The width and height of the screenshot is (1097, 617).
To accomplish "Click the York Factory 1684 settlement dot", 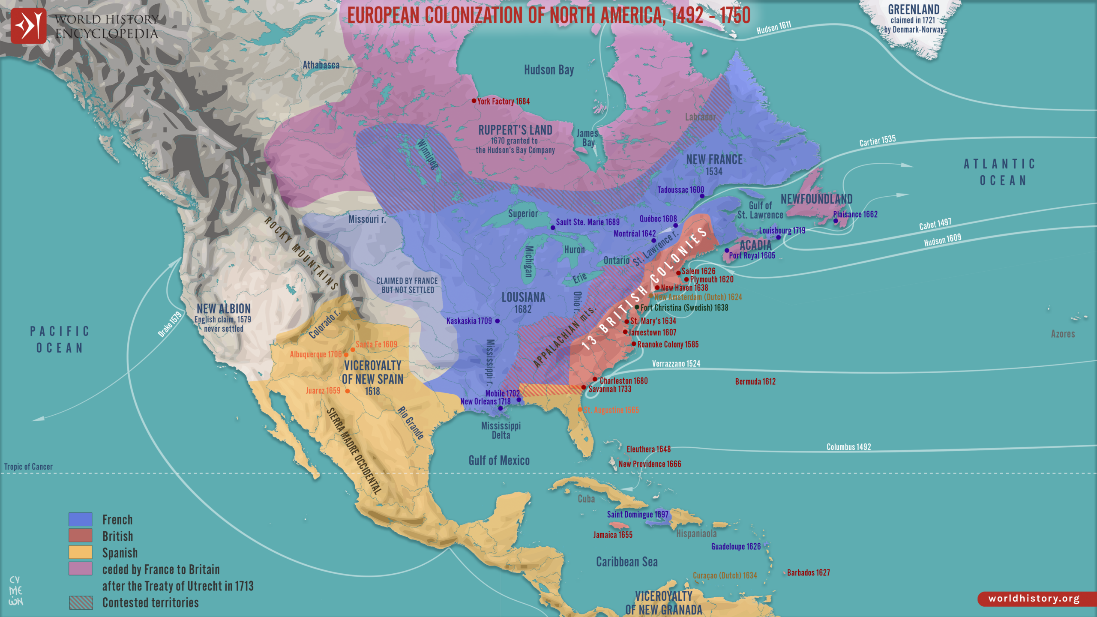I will pos(474,101).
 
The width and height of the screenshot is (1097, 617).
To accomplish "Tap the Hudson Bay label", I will pos(548,70).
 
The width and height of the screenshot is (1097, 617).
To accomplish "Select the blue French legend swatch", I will pos(81,519).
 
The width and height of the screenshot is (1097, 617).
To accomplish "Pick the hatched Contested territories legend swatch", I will pos(81,602).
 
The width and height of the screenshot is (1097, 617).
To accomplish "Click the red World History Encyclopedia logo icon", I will pos(28,26).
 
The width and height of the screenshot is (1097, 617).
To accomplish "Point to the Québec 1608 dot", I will pos(675,225).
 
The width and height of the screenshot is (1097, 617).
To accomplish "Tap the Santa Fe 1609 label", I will pos(376,344).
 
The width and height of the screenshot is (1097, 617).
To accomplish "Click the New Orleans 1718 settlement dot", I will pos(500,408).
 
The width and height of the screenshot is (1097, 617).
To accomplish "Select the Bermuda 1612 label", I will pos(755,381).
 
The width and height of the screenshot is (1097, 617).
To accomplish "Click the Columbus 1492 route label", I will pos(848,447).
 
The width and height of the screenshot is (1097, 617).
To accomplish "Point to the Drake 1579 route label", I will pos(170,324).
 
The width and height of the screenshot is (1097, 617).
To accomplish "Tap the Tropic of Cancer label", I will pos(28,467).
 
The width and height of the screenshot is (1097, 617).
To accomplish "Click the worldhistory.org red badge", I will pos(1034,599).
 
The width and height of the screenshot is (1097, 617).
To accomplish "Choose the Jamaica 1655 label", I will pos(613,535).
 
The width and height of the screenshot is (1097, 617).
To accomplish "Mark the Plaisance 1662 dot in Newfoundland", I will pos(836,221).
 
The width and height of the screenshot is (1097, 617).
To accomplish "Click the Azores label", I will pos(1063,334).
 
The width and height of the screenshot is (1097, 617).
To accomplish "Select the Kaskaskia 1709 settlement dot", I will pos(497,321).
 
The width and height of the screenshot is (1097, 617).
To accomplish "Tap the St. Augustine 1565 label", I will pos(611,410).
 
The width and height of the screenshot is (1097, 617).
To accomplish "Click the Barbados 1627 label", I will pos(808,572).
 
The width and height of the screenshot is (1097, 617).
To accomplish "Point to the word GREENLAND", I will pos(914,9).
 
